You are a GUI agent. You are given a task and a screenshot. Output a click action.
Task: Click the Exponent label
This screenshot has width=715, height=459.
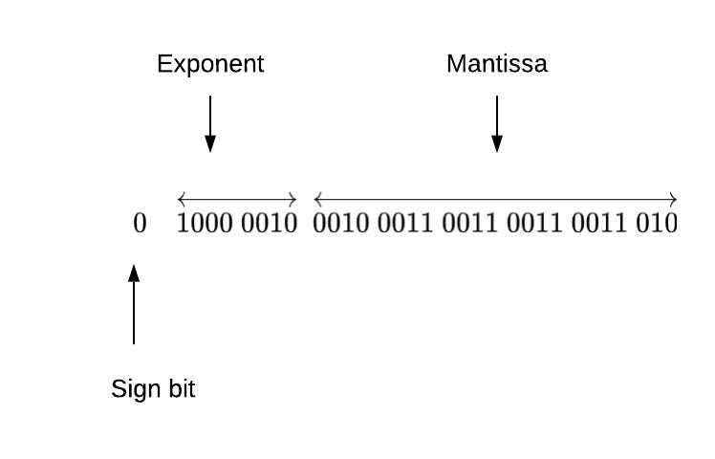click(210, 65)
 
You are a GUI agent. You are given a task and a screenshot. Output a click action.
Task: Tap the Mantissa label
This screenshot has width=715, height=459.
click(497, 65)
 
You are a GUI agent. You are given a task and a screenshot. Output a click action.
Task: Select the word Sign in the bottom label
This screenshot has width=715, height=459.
click(133, 389)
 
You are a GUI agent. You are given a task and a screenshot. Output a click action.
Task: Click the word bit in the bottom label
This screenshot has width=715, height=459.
click(178, 389)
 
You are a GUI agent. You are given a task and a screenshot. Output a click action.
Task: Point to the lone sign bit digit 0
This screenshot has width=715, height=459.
click(140, 225)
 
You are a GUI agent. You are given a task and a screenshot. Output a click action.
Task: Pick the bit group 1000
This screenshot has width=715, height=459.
click(206, 225)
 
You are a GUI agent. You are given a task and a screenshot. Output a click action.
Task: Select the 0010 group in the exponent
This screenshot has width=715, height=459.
click(270, 225)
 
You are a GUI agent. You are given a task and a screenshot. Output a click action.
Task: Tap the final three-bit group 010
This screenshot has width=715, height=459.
click(657, 225)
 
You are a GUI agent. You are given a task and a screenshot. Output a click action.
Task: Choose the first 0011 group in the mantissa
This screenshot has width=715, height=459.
click(405, 225)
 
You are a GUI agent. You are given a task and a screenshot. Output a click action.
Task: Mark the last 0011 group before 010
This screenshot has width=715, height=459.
click(599, 225)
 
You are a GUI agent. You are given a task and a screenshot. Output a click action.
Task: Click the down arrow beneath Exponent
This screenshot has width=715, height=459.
click(210, 123)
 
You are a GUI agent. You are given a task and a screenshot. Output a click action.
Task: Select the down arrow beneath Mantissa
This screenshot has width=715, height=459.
click(497, 123)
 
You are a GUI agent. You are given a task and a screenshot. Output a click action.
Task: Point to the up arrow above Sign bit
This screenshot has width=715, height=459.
click(134, 305)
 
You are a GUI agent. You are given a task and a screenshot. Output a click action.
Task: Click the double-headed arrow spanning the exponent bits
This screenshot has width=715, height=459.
click(237, 200)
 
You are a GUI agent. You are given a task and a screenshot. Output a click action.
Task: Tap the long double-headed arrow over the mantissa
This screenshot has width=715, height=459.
click(496, 200)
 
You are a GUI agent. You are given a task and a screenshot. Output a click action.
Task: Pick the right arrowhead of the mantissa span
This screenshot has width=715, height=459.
click(674, 200)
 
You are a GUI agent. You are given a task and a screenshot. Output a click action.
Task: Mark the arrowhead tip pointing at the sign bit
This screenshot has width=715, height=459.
click(134, 267)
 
